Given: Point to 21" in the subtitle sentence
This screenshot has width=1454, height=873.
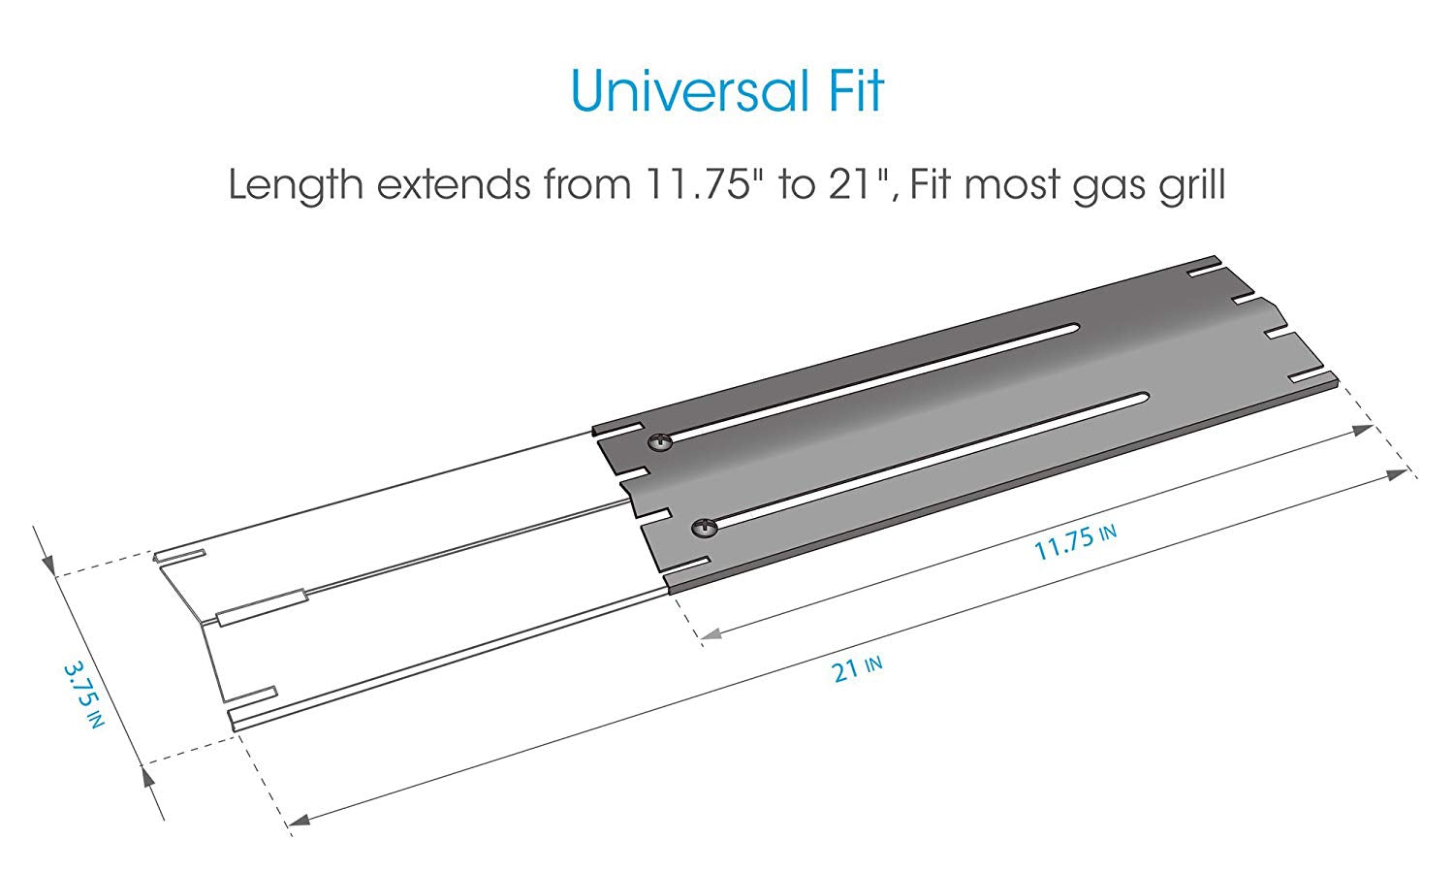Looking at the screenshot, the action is pos(858,183).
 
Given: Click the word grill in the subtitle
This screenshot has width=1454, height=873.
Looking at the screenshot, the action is pos(1192,185).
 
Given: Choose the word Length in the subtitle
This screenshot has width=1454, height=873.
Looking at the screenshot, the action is pos(296,185).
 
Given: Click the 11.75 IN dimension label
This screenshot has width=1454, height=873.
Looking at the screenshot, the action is pos(1075,543).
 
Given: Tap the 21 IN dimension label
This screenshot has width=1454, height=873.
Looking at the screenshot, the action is pos(857,670).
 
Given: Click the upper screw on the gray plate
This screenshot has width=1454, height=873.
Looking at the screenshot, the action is pos(659,443).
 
